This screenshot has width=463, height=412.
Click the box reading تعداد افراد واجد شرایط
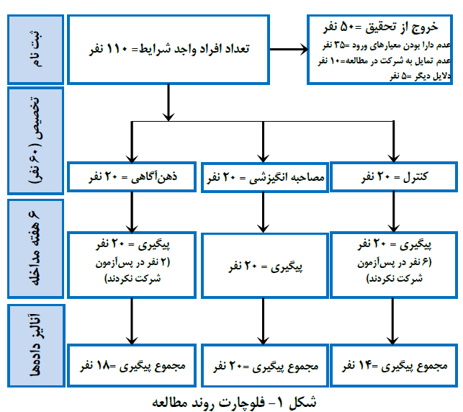[x=168, y=50]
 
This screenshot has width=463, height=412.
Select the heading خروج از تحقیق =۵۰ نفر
[x=381, y=27]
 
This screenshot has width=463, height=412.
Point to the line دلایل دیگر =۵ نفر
[x=420, y=76]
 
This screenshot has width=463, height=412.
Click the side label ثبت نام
[x=36, y=49]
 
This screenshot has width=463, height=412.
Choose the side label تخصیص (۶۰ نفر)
[x=36, y=140]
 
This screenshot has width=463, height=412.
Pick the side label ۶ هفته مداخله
[x=36, y=248]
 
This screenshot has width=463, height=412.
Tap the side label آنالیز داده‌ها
[x=36, y=346]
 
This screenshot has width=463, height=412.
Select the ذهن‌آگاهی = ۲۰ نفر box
[x=132, y=177]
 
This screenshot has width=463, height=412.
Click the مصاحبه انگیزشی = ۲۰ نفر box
[x=265, y=177]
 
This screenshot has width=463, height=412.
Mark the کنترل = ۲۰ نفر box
[x=394, y=177]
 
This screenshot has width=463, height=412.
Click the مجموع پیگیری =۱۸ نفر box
[x=132, y=365]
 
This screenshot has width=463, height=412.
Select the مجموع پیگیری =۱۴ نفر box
[x=394, y=365]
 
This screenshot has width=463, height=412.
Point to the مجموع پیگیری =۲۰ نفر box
[x=265, y=365]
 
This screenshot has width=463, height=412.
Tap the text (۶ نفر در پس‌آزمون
[x=395, y=263]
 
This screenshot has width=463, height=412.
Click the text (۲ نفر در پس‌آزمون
[x=132, y=263]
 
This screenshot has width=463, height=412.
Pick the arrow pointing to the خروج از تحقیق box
[x=289, y=49]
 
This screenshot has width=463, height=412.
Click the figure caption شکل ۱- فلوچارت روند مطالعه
[x=234, y=403]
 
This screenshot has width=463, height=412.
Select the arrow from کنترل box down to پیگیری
[x=394, y=212]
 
